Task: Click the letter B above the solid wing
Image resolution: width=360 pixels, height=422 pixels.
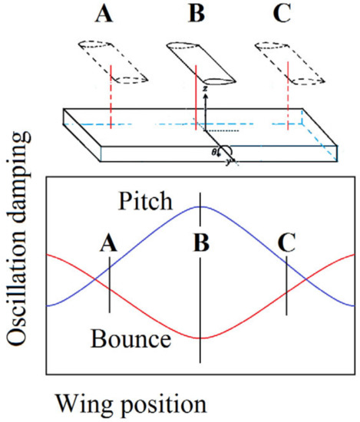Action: (198, 13)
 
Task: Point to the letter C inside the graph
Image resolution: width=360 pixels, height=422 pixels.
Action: (286, 244)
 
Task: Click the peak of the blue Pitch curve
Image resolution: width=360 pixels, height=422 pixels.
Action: (200, 206)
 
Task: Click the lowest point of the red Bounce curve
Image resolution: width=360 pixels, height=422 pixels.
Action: (200, 338)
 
